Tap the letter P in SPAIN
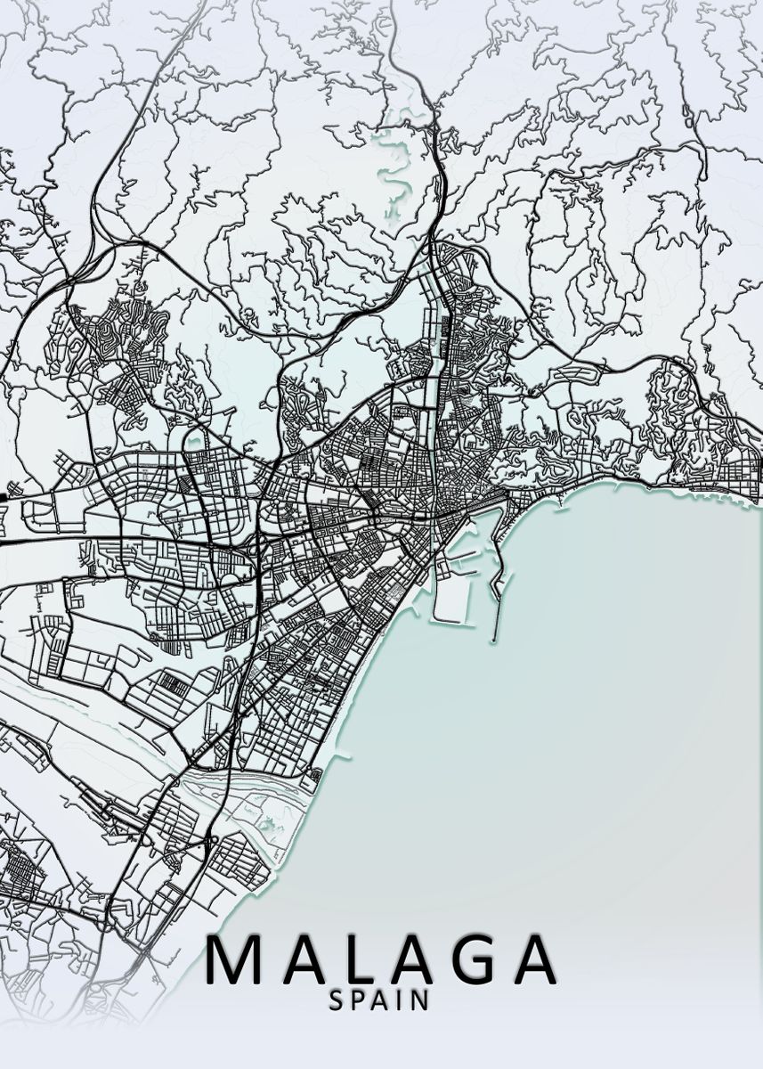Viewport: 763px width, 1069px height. [x=359, y=1000]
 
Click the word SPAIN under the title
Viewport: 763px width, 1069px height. [x=380, y=1000]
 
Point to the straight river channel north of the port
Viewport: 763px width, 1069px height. [x=435, y=356]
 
